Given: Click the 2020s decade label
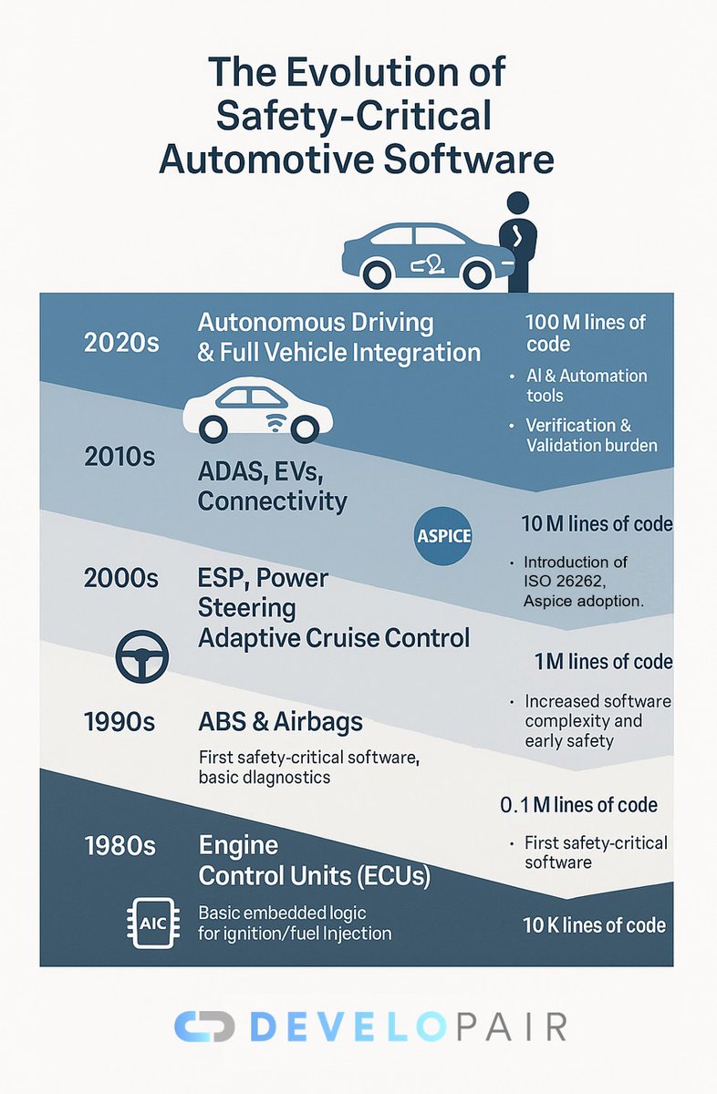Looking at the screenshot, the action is coord(121,343).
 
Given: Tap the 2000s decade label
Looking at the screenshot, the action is coord(121,578).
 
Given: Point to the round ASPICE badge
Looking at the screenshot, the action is coord(443,535).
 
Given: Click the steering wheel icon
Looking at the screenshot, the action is coord(142,655).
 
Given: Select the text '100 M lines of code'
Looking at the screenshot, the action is coord(586,333).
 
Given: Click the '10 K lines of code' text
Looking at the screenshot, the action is coord(594,925).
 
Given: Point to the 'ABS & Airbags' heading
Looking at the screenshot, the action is coord(280,722).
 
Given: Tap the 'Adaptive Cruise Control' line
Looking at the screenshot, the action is coord(334,637).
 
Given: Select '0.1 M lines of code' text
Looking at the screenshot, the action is coord(579,805).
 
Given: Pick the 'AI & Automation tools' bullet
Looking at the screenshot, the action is coord(586,386).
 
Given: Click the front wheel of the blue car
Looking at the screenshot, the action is coord(378,272).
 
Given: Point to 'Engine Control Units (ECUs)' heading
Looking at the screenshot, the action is coord(315,862).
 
